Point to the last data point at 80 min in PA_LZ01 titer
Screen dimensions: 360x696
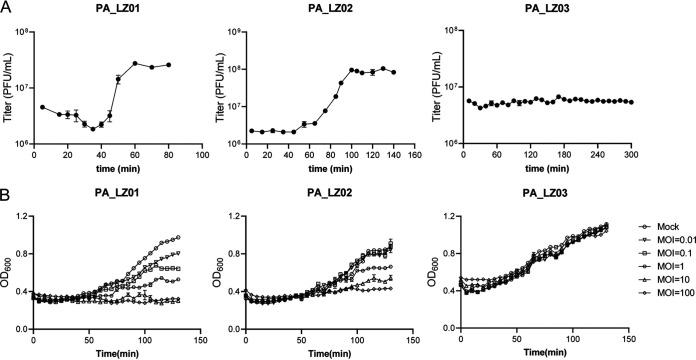coord(169,65)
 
